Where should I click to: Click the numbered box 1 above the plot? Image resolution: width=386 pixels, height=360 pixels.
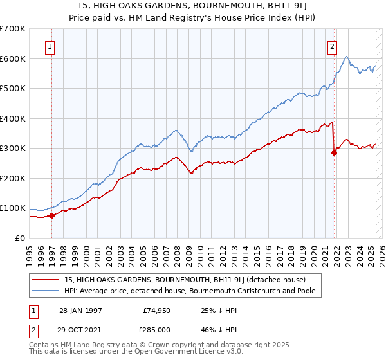[50, 46]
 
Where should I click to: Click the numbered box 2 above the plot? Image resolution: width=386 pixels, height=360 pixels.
[333, 46]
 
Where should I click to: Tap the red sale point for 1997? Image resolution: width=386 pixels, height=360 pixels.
[51, 215]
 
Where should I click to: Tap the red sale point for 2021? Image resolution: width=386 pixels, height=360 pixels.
[334, 152]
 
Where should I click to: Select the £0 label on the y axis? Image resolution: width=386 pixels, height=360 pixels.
[21, 238]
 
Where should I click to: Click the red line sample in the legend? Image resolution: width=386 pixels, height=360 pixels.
[45, 280]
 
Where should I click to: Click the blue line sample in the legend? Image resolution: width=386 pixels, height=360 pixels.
[45, 291]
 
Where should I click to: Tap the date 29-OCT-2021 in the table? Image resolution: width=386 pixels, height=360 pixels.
[82, 329]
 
